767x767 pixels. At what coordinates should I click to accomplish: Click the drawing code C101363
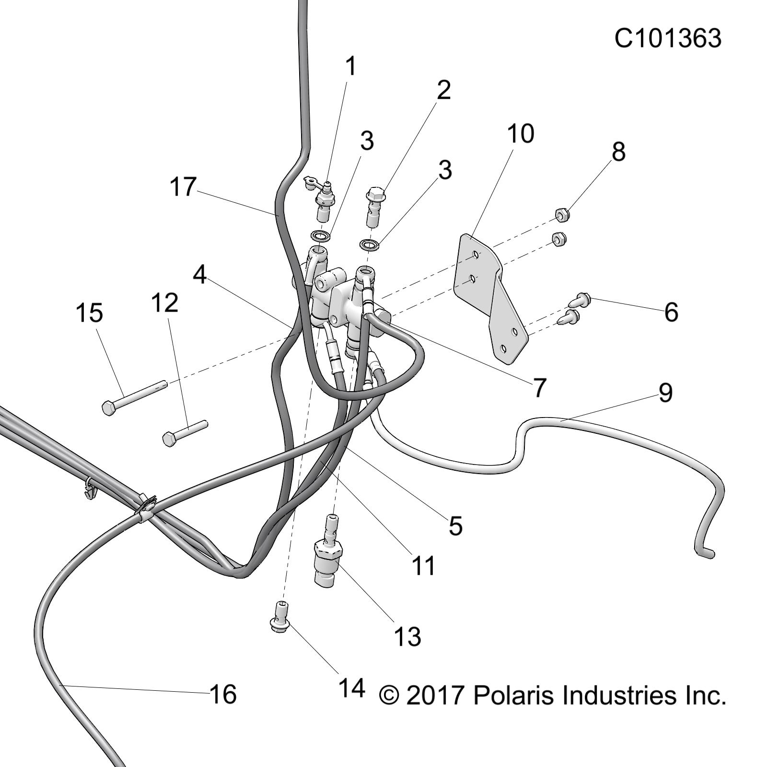tap(668, 38)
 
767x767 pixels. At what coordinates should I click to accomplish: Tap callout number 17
tap(183, 186)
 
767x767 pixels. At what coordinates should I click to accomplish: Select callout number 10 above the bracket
tap(520, 134)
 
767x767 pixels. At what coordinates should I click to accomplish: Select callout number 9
tap(665, 393)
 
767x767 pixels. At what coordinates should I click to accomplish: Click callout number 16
tap(223, 694)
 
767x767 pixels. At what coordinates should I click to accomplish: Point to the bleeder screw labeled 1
tap(319, 197)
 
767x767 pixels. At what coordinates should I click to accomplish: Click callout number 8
tap(618, 151)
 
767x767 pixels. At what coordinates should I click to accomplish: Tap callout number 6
tap(671, 312)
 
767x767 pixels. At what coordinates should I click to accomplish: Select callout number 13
tap(407, 637)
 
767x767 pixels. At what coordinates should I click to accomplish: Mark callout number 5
tap(455, 526)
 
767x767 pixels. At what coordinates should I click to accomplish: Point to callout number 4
tap(200, 274)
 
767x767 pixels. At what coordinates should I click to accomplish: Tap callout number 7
tap(539, 388)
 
